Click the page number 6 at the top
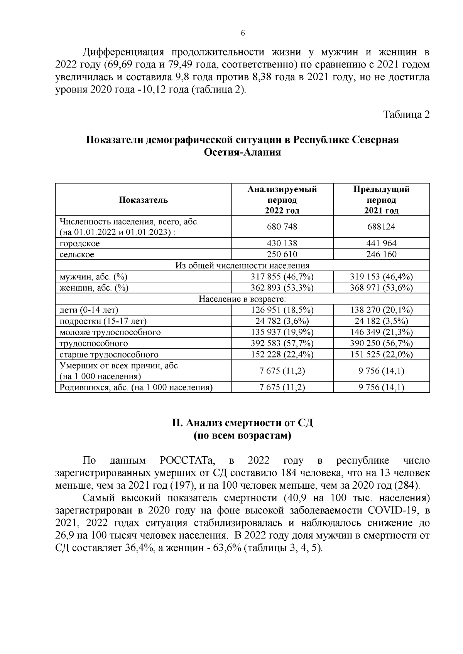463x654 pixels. point(243,34)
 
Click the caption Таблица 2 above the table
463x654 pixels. point(406,115)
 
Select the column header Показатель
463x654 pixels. point(143,200)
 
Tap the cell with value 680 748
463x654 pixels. point(282,227)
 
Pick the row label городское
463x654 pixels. point(80,244)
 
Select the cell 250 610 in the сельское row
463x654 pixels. point(282,254)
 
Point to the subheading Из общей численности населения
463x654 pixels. point(242,266)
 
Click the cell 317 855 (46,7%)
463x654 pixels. point(282,277)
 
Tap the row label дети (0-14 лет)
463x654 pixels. point(89,310)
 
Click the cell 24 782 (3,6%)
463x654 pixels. point(282,321)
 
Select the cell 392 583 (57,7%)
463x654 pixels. point(282,343)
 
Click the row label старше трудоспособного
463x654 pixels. point(109,355)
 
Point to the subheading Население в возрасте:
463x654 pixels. point(242,299)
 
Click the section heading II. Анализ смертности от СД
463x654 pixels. point(242,423)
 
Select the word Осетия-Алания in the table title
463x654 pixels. point(242,153)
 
